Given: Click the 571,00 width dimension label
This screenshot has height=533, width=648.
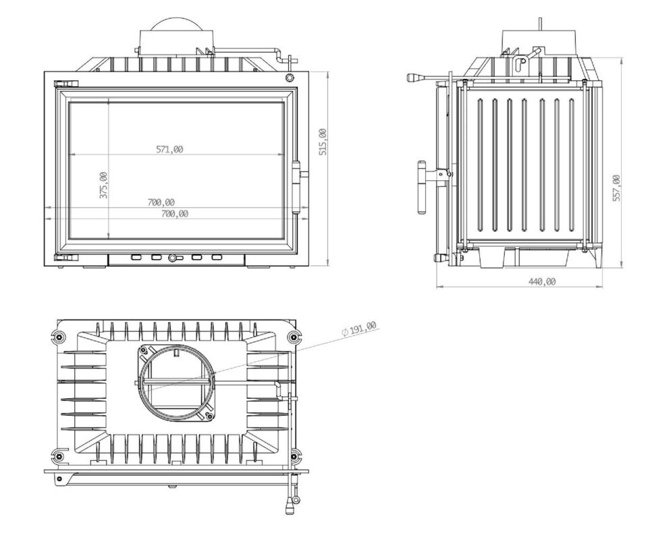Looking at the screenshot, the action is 169,149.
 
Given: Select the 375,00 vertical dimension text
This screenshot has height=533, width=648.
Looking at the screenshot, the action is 103,185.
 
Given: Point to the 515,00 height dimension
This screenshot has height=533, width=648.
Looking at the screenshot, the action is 323,142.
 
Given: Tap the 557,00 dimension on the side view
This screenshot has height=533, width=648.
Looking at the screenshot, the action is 616,188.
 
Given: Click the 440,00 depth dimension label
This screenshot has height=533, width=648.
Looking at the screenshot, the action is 542,281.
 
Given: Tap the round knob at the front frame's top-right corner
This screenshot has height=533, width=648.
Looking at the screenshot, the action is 290,78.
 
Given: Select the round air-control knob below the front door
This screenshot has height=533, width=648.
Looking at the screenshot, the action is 172,258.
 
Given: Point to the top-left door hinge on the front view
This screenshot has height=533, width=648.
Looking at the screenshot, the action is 67,83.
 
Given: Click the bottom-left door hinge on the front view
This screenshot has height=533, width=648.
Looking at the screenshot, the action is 67,258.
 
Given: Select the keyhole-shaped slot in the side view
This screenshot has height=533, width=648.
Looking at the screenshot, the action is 520,65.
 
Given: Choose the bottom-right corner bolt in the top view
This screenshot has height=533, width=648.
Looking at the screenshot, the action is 294,457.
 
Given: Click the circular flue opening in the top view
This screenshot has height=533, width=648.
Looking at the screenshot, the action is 178,382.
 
